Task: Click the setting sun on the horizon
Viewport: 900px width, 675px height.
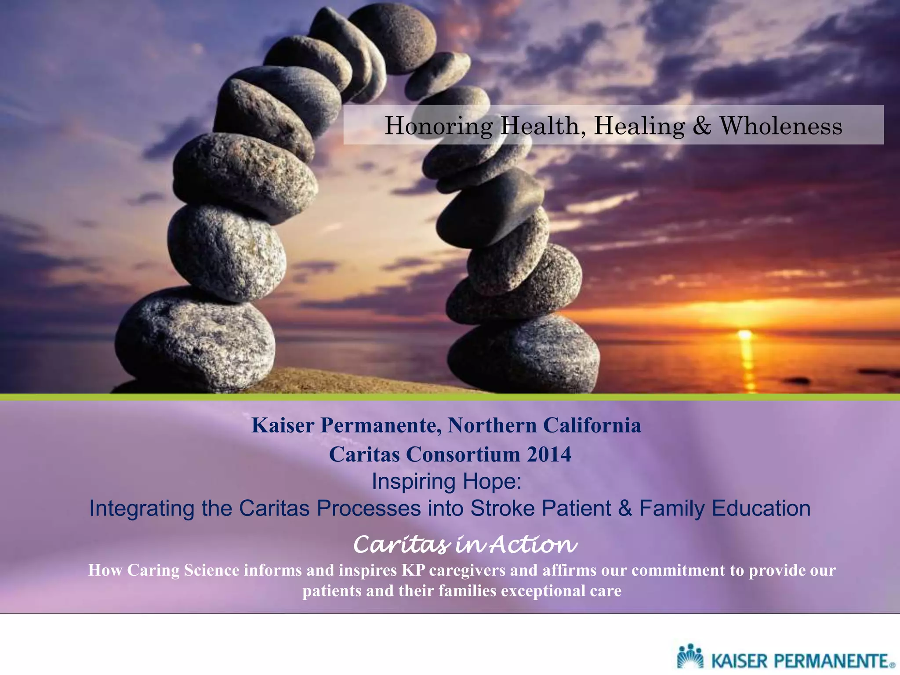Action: tap(744, 335)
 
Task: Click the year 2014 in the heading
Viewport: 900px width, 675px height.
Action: tap(549, 454)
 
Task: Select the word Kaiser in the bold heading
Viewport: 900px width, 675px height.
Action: tap(283, 425)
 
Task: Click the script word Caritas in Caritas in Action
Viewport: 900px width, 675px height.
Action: tap(402, 545)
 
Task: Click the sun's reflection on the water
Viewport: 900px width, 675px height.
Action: tap(747, 365)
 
